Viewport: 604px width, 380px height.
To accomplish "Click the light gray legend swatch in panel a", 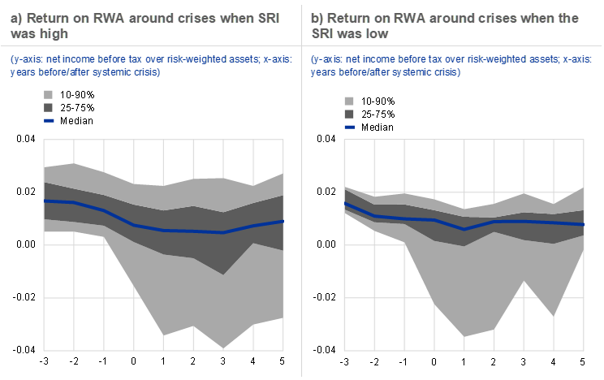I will (x=49, y=95).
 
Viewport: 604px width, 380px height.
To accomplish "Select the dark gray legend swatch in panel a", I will (x=49, y=107).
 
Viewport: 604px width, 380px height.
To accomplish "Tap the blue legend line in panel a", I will (x=49, y=120).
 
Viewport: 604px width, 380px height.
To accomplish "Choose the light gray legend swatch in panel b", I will (x=349, y=101).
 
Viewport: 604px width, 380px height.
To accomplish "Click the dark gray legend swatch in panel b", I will (x=349, y=114).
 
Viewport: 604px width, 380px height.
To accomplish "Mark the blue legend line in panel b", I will (x=349, y=127).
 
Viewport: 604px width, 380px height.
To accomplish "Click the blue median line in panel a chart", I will (x=162, y=230).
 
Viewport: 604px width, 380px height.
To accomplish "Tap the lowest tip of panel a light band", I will (x=223, y=348).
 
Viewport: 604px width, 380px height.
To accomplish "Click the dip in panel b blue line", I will (x=464, y=229).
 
